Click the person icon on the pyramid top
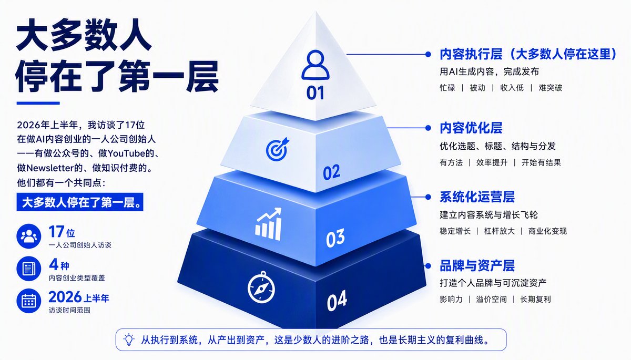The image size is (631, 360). pos(315,65)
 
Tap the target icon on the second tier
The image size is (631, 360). pos(278,149)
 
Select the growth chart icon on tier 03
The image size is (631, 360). pos(268,224)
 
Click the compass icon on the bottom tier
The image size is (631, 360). pos(261,287)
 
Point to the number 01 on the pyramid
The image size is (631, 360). pos(315,93)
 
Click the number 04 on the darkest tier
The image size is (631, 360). pos(337,301)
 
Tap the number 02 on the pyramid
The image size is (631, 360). pos(332,172)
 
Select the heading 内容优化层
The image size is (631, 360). pos(471,128)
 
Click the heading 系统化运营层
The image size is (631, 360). pos(477,197)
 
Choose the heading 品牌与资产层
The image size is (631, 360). pos(477,265)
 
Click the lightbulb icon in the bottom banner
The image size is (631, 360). pos(129,340)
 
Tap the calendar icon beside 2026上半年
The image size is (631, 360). pos(29,301)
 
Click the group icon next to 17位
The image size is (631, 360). pos(29,236)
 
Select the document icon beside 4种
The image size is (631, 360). pos(29,269)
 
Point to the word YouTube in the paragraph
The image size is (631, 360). pos(127,153)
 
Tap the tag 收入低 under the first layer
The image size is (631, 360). pos(512,88)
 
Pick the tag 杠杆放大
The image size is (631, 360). pos(499,231)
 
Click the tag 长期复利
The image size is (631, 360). pos(535,299)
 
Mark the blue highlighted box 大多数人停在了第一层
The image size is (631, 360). pos(80,202)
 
